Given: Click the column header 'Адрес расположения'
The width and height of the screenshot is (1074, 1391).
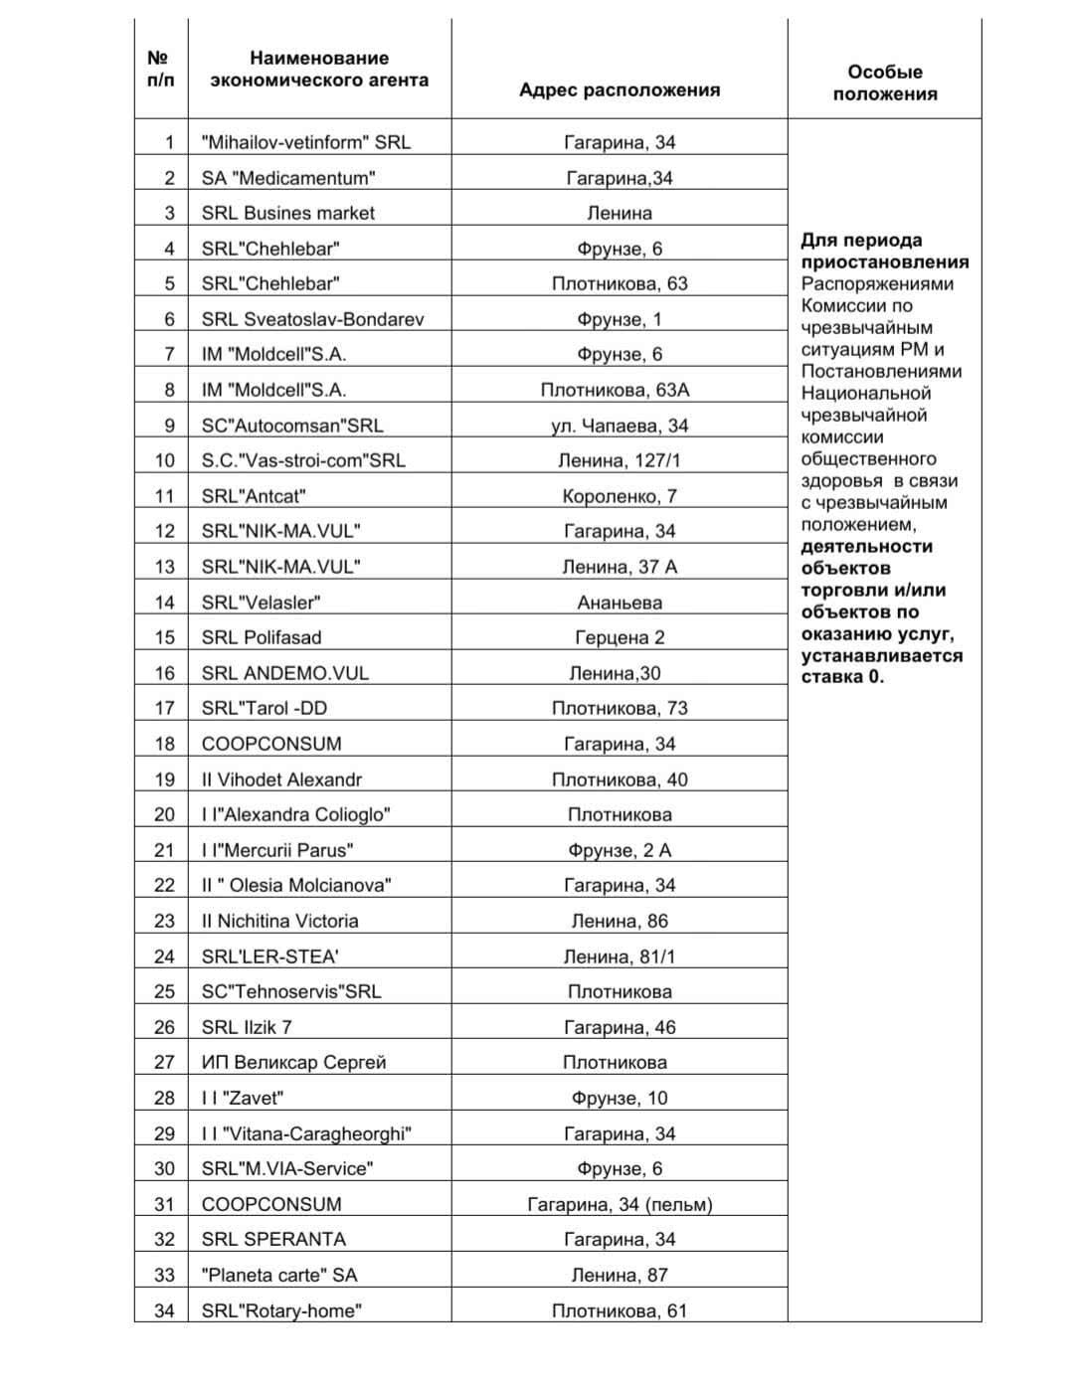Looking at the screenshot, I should point(619,89).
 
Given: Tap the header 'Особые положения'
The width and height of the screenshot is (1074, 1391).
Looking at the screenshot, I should point(884,83).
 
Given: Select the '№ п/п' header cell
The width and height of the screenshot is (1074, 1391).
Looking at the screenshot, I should point(160,69).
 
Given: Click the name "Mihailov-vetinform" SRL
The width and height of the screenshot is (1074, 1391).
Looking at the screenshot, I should point(305,142).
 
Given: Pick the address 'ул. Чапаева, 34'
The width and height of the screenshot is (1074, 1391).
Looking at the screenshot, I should point(619,426).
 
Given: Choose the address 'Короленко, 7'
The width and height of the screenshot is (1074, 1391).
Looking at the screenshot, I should point(619,496).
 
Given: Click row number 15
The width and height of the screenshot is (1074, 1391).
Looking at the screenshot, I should point(164,637).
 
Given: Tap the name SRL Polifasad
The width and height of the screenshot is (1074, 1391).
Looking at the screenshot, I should point(262,637).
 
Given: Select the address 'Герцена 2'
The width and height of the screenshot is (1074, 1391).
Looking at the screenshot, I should point(619,637).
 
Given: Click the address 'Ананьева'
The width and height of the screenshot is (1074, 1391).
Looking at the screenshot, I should point(619,603).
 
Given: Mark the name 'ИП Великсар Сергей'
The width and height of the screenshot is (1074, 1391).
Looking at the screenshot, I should point(293,1062).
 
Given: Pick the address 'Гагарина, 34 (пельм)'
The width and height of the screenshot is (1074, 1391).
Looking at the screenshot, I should point(619,1204).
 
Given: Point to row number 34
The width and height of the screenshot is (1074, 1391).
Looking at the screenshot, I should point(164,1310).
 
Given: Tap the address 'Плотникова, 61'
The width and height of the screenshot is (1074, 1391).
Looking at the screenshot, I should point(619,1310).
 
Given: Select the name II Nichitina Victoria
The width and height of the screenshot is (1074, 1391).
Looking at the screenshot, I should point(279,921).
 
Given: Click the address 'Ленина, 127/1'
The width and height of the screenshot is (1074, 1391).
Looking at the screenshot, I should point(619,460).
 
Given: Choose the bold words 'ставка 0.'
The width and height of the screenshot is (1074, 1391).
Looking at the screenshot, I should point(842,677).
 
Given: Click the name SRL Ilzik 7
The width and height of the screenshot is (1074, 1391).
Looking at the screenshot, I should point(247,1027).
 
